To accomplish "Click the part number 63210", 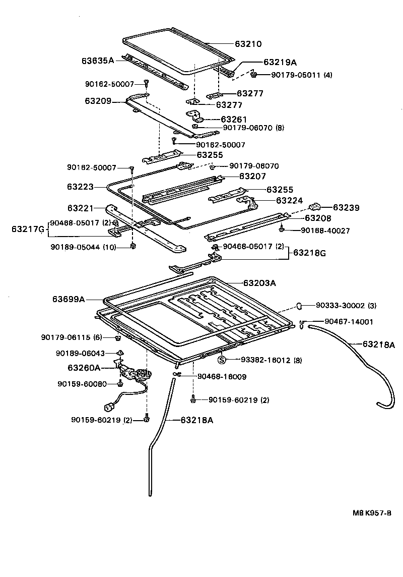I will pos(247,44).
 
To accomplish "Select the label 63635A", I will pos(98,61).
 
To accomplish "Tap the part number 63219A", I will pos(280,63).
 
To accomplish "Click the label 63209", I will pos(98,101).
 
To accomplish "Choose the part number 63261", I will pos(235,119).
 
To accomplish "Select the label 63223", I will pos(80,187).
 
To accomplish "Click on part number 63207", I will pos(252,176).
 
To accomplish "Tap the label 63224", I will pos(289,200).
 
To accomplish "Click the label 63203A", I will pos(259,283).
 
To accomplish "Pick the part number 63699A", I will pos(69,299).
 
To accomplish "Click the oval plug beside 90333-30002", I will pos(298,305).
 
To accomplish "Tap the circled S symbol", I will pos(221,360).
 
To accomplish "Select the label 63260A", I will pos(84,367).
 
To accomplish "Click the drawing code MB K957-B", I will pos(372,513).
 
